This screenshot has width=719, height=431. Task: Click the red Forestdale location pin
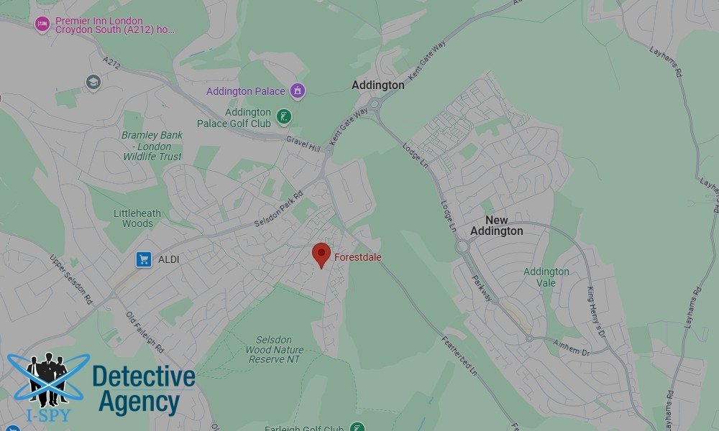(x=321, y=255)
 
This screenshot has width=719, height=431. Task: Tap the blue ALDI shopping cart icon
(x=144, y=259)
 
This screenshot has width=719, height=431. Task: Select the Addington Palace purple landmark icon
(x=298, y=91)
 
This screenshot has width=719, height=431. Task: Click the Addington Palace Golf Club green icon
(x=285, y=116)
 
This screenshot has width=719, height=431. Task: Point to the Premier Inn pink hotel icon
(x=42, y=24)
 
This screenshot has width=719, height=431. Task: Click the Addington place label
(x=377, y=85)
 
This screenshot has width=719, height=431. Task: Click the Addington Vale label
(x=546, y=277)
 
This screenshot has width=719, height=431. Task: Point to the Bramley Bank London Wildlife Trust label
(x=152, y=145)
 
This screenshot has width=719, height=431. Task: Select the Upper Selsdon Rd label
(x=71, y=279)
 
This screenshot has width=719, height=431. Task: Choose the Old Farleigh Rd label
(x=146, y=331)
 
